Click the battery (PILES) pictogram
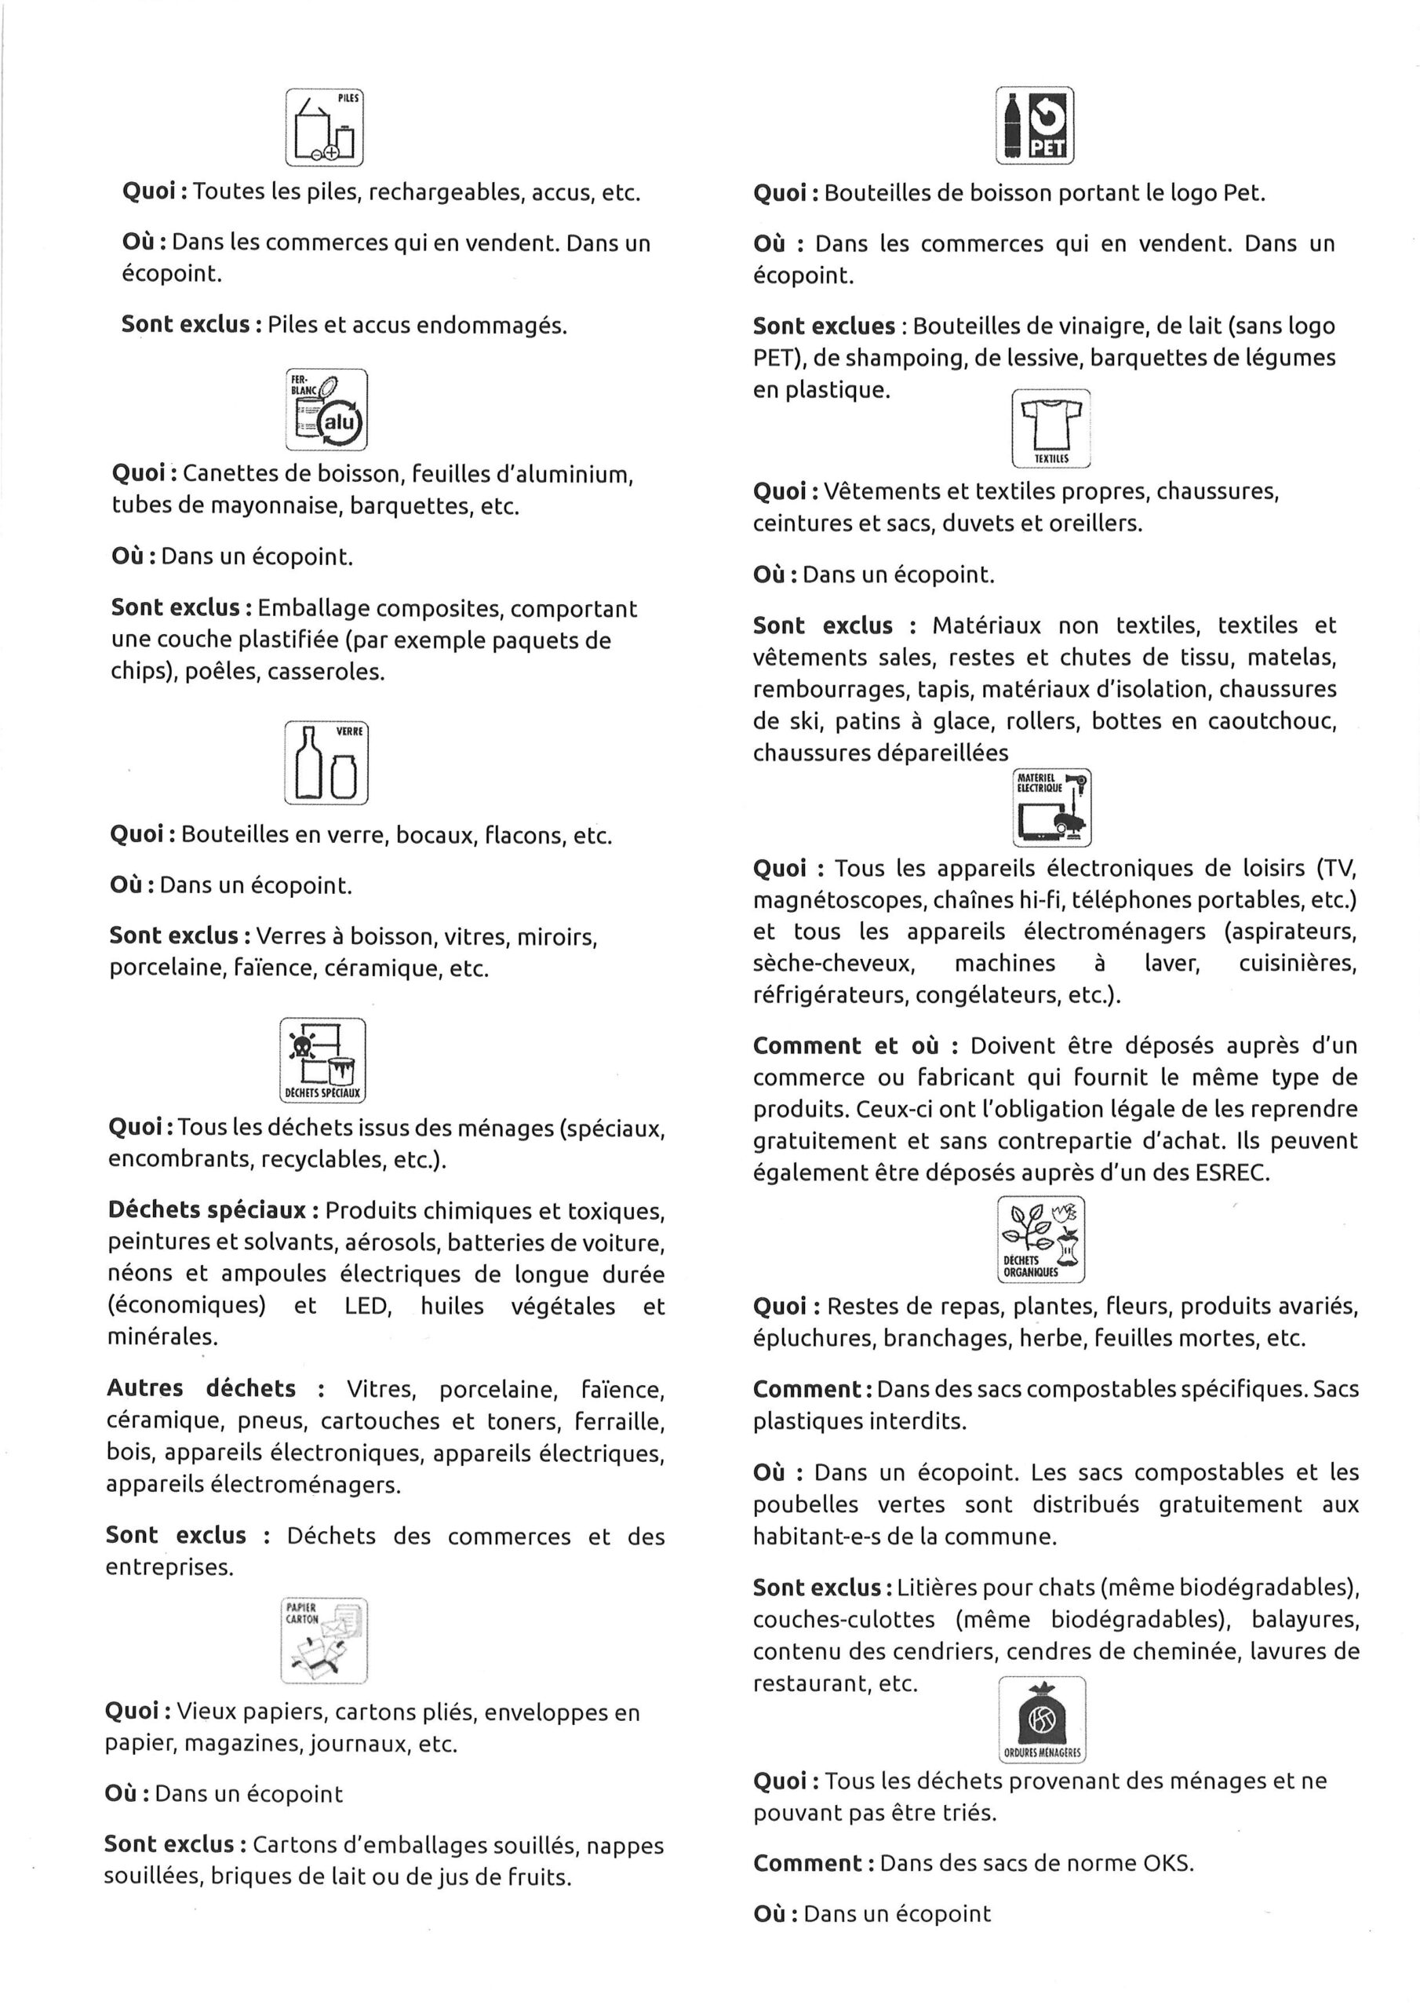[324, 128]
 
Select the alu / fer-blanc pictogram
[326, 410]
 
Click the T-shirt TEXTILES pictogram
[1050, 428]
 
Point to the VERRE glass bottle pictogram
[326, 762]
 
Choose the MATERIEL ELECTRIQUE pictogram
[1051, 808]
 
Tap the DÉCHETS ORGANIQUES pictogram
[1040, 1239]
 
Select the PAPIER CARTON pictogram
[324, 1641]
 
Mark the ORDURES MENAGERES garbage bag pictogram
[1041, 1719]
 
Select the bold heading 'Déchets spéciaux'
[206, 1210]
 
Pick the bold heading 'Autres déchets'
[202, 1388]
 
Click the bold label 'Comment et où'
[845, 1045]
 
